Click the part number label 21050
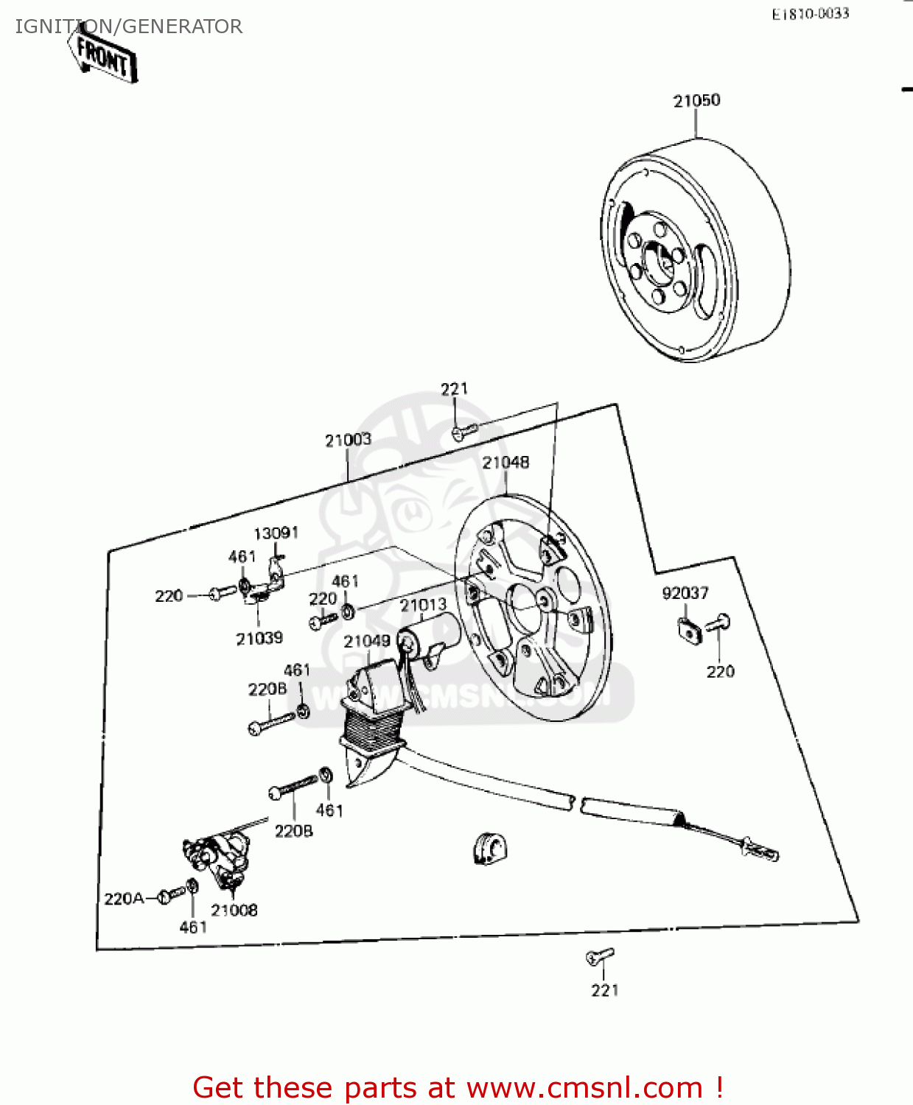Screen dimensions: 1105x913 click(x=696, y=101)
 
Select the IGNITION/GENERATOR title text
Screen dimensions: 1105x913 click(x=129, y=27)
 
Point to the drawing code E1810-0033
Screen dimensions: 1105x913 click(x=810, y=14)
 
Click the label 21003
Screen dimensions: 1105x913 click(x=348, y=440)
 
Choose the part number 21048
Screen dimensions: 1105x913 click(x=506, y=463)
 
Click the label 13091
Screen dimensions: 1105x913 click(x=276, y=533)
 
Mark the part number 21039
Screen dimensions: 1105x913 click(x=259, y=639)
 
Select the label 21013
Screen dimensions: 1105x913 click(x=423, y=606)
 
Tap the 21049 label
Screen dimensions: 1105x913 click(x=366, y=641)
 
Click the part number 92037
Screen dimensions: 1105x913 click(x=685, y=593)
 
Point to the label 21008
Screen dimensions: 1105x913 click(x=234, y=911)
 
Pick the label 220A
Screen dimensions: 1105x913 click(x=124, y=899)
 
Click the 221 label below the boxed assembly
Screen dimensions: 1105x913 click(x=604, y=991)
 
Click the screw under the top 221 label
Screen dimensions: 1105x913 click(x=464, y=430)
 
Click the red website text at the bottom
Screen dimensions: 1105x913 click(x=457, y=1087)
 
